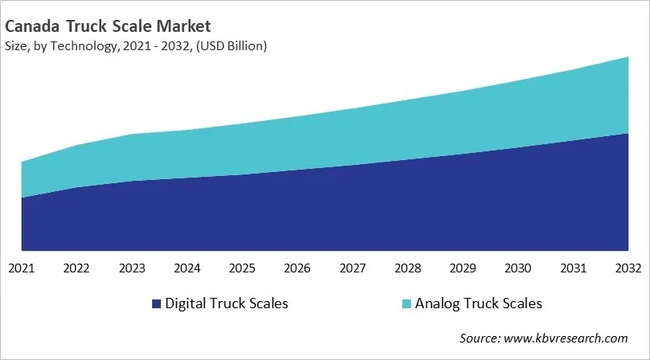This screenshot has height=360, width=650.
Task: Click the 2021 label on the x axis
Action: [22, 268]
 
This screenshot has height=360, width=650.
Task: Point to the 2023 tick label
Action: [131, 268]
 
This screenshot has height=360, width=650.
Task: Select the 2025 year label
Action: [242, 268]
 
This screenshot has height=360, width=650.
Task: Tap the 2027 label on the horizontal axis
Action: [352, 268]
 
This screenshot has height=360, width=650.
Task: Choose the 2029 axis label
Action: [463, 268]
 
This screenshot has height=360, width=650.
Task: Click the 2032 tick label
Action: [628, 268]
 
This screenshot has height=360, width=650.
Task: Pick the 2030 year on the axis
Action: [518, 268]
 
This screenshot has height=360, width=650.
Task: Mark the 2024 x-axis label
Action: [187, 268]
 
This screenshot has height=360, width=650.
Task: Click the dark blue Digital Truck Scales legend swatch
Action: [155, 303]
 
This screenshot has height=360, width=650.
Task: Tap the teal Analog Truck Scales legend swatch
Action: [406, 303]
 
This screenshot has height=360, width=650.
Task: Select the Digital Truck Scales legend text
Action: [226, 303]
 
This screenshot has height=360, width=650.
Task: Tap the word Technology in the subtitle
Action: [89, 46]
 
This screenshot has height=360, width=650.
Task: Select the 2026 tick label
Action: [297, 268]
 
